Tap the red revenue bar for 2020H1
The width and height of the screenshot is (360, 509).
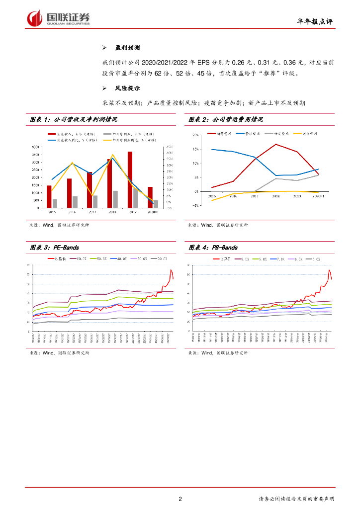150,197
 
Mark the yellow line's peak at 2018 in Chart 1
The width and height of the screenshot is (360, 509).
112,155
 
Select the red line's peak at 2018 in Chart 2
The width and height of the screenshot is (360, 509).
275,145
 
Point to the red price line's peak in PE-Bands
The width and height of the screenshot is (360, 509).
171,270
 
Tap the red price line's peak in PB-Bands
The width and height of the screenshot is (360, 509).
329,270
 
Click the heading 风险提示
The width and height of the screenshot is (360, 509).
127,88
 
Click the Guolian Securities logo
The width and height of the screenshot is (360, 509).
59,18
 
